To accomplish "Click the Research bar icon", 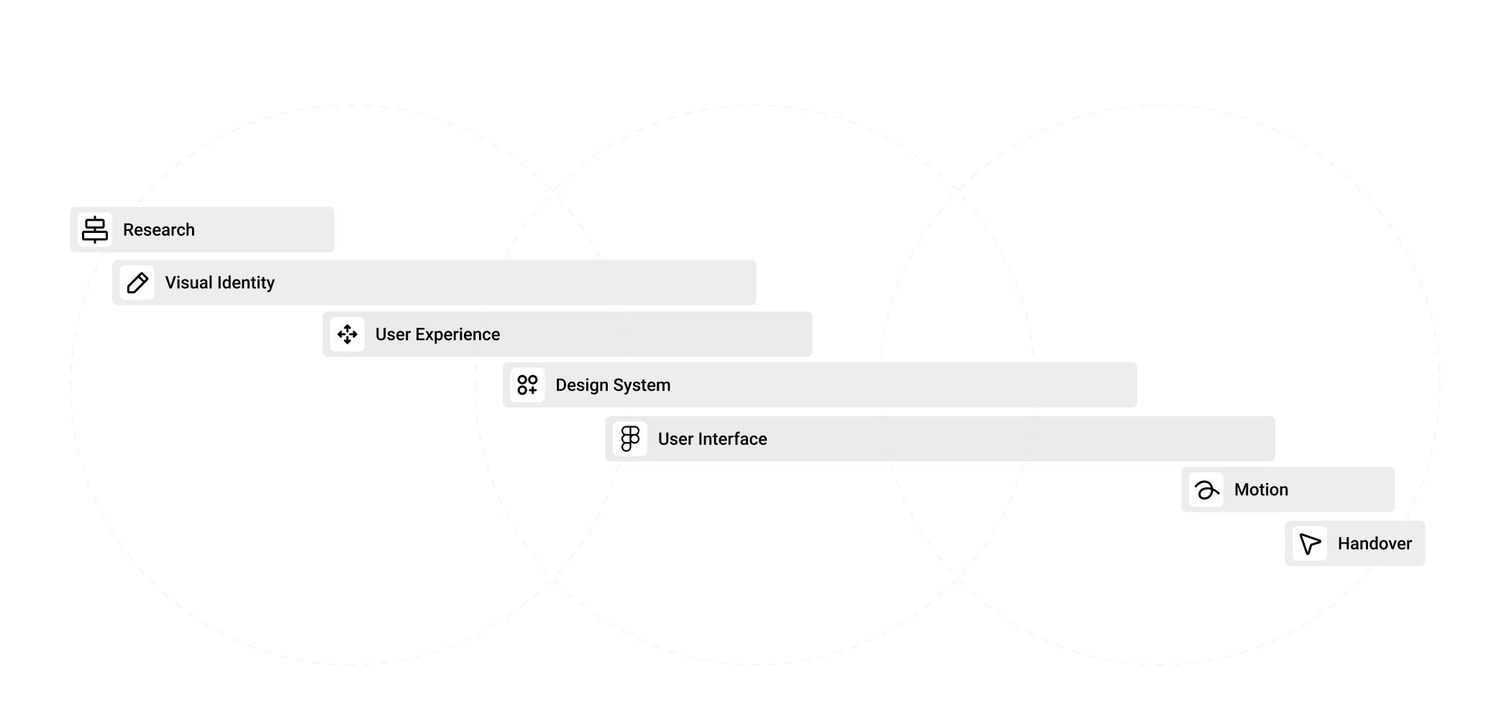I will point(95,229).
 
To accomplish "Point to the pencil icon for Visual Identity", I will point(137,282).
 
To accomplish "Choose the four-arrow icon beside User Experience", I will point(347,334).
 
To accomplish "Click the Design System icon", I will point(527,385).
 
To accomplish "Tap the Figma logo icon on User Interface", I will point(630,439).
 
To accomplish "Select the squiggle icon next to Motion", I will point(1206,490).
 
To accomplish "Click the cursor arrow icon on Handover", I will point(1310,543).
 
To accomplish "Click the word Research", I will point(159,230).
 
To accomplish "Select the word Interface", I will point(732,439).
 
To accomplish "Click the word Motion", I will point(1261,490).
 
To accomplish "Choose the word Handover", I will point(1375,544).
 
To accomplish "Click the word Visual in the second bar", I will point(188,282).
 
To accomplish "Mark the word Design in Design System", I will point(582,385).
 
